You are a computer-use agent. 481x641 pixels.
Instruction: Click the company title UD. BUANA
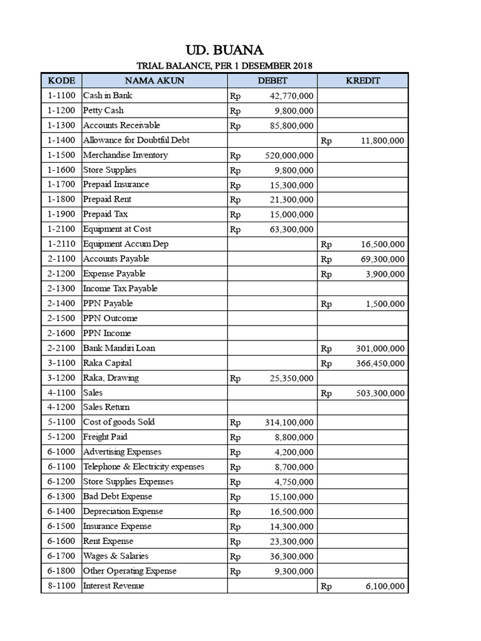(x=224, y=49)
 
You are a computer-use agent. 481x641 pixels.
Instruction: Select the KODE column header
(x=61, y=81)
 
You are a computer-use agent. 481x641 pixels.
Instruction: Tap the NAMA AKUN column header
(x=154, y=81)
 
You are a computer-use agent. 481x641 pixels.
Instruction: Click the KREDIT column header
(x=363, y=81)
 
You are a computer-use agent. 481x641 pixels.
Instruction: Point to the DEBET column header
(x=272, y=81)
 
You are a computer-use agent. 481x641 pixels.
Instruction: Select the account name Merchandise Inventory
(x=125, y=155)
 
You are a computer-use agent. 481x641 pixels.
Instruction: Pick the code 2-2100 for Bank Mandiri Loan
(x=61, y=348)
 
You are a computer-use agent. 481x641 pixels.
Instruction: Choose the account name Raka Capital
(x=107, y=363)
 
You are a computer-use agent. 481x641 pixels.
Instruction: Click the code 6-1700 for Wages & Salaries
(x=61, y=556)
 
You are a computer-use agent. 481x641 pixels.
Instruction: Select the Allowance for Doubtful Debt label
(x=136, y=140)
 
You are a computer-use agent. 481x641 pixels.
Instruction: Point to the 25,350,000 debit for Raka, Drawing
(x=291, y=379)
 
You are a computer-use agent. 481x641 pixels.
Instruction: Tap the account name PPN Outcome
(x=110, y=318)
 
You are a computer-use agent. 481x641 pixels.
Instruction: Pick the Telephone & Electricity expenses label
(x=143, y=467)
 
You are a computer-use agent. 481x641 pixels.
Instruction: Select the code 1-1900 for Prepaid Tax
(x=61, y=214)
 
